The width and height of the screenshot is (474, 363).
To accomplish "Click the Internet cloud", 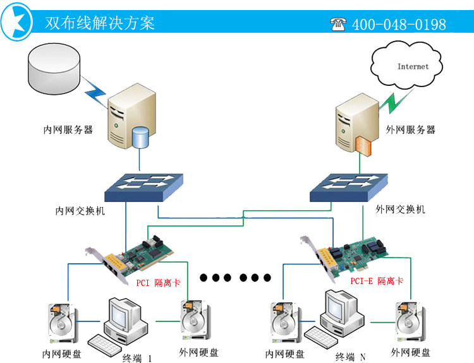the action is coord(406,66).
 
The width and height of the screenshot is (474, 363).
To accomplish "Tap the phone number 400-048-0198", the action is coord(399,25).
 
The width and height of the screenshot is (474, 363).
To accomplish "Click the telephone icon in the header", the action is coord(338,24).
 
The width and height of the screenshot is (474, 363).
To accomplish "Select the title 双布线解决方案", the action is coord(100,23).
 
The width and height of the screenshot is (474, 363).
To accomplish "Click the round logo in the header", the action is coord(16,21).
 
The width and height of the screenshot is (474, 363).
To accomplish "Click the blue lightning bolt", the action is coord(94,92).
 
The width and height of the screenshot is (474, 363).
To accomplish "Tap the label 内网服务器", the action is coord(68,130).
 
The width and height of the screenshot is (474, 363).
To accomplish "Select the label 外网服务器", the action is coord(411,130).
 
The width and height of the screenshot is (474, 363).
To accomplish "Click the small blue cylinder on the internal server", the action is coord(140,138).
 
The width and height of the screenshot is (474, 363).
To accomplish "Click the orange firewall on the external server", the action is coord(363,146).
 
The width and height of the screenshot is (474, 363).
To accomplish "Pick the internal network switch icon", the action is coord(143,187).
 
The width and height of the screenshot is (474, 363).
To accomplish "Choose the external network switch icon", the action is coord(348,187).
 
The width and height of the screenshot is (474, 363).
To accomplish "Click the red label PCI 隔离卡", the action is coord(158,283).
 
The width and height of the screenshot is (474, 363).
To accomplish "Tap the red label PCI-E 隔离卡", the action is coord(377,281).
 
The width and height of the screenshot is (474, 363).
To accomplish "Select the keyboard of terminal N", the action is coord(320,337).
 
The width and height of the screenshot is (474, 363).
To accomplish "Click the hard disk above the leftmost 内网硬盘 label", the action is coord(63,323).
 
